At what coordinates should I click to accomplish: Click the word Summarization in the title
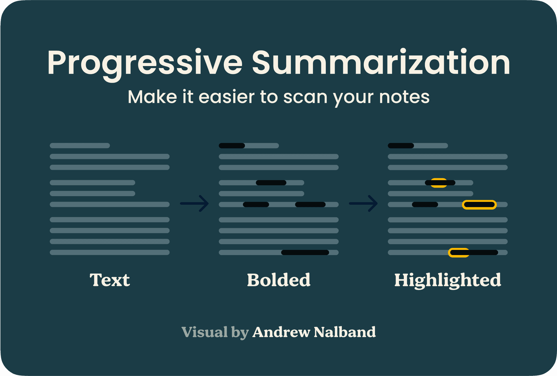tap(381, 62)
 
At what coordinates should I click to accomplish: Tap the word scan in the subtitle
tap(305, 97)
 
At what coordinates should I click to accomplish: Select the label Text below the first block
tap(110, 280)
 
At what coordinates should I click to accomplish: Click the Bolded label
tap(279, 280)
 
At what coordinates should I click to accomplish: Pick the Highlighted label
tap(448, 280)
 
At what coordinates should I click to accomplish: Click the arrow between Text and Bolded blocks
tap(194, 204)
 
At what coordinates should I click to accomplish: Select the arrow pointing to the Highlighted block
tap(364, 204)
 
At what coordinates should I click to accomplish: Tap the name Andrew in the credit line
tap(281, 332)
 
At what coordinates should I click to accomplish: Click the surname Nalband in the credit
tap(345, 332)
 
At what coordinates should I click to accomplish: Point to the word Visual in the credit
tap(205, 332)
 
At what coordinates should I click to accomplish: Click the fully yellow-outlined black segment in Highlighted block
tap(479, 205)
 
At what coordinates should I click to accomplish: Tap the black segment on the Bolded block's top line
tap(232, 146)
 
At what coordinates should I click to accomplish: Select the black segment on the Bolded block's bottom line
tap(305, 252)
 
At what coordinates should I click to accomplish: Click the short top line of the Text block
tap(80, 146)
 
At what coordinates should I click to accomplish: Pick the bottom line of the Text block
tap(110, 252)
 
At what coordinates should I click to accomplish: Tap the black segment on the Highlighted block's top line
tap(401, 146)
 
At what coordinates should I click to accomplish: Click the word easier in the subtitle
tap(226, 97)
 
